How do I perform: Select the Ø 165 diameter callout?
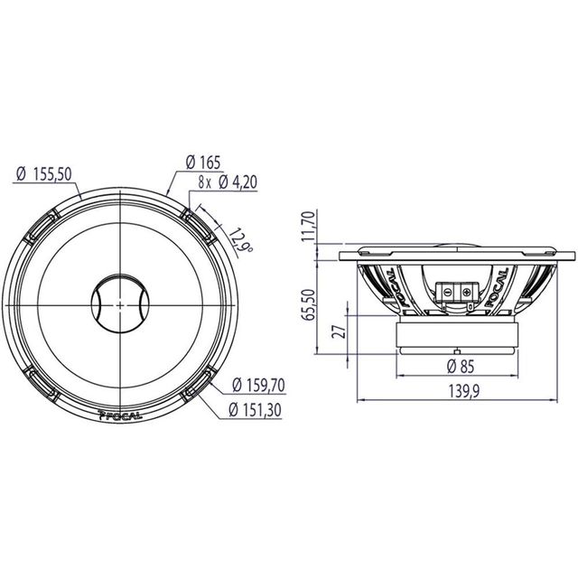203,163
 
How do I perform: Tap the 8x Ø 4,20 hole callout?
223,182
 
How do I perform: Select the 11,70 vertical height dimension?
311,226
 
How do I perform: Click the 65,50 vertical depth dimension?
311,304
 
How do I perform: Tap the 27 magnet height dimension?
339,331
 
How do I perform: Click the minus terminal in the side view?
445,293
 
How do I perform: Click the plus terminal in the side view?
466,293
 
